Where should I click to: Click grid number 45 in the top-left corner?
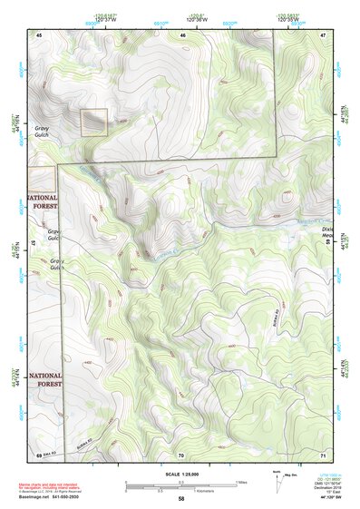(x=39, y=34)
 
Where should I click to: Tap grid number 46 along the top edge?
(x=182, y=34)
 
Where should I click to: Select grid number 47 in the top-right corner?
(x=323, y=34)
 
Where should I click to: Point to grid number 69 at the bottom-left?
(x=39, y=454)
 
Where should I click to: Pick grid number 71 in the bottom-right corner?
(x=323, y=455)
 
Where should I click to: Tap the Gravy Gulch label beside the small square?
(x=42, y=132)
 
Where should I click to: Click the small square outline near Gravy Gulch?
(x=93, y=122)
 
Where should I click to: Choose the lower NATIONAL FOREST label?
(x=44, y=379)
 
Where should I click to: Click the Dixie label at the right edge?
(x=327, y=230)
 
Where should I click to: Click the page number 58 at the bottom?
(x=180, y=499)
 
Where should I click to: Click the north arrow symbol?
(x=276, y=478)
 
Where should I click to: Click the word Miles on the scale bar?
(x=240, y=482)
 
